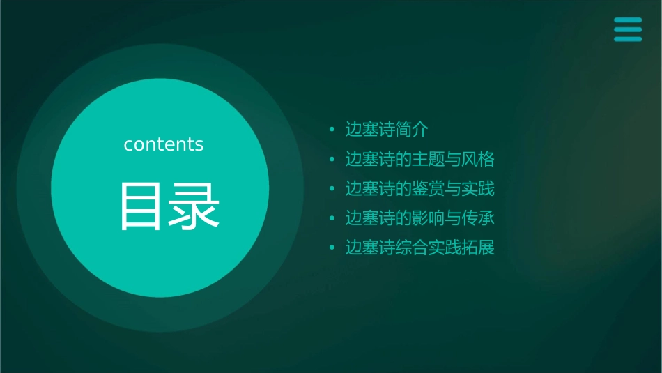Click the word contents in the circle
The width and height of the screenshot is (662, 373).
point(163,144)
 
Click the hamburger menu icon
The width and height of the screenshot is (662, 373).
point(628,29)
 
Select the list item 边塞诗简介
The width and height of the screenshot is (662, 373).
point(387,130)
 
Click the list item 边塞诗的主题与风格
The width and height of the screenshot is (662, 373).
point(419,160)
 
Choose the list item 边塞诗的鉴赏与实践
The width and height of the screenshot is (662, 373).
point(419,189)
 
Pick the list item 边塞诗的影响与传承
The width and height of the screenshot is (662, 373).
point(419,218)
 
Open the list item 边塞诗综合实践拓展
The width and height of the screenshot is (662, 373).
point(419,248)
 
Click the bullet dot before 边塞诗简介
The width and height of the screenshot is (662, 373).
point(332,130)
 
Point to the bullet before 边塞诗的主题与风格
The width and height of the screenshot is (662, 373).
point(332,160)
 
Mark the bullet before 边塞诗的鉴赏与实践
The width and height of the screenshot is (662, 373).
point(332,189)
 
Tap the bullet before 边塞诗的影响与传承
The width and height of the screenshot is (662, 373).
point(332,218)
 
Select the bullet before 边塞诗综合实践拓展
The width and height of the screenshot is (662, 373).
point(332,248)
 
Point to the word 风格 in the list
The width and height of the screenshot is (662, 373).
point(479,160)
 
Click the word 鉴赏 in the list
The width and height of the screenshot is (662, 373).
point(420,189)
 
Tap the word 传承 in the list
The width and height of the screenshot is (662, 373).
point(479,218)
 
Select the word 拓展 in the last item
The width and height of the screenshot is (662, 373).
point(479,248)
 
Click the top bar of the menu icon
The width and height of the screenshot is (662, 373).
point(628,20)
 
